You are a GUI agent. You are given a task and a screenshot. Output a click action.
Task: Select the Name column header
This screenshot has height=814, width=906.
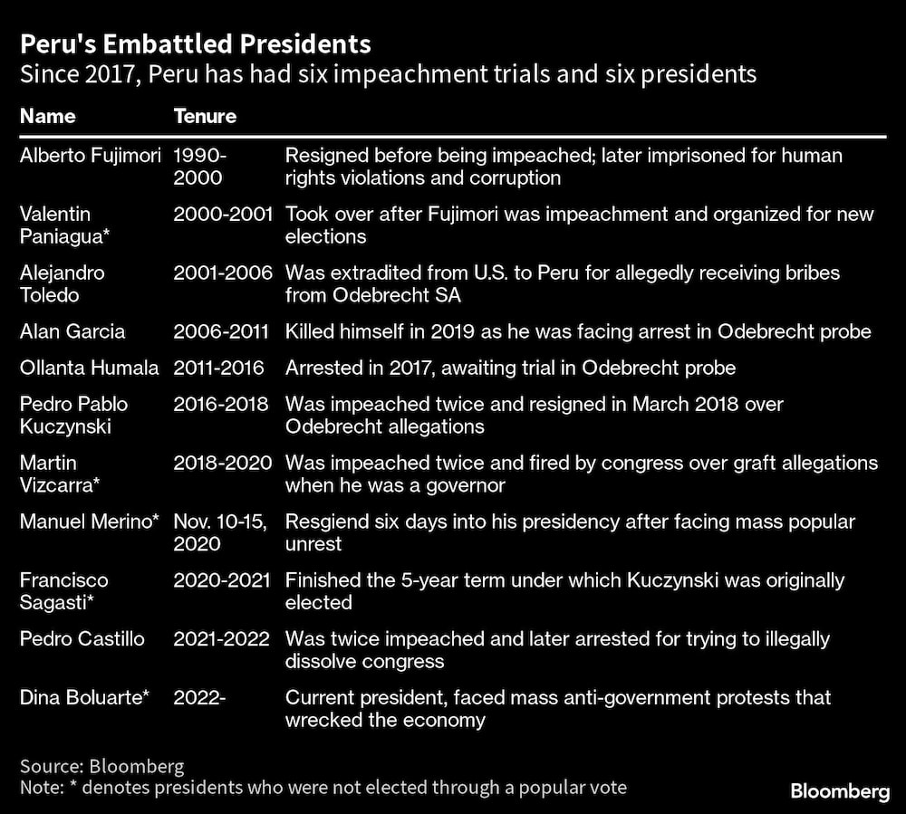[47, 116]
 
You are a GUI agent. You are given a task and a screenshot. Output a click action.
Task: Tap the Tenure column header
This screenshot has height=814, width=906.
[205, 116]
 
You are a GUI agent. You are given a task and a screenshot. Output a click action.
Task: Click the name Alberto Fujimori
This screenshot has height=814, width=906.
[91, 156]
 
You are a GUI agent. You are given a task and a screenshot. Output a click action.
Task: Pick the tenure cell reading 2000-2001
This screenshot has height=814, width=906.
[222, 215]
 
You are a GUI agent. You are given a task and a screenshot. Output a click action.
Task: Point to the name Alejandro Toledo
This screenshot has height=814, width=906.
[63, 284]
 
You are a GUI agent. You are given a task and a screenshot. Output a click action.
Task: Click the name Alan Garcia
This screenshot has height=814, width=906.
[72, 331]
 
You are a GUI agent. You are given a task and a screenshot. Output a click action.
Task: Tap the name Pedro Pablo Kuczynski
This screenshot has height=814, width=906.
[74, 415]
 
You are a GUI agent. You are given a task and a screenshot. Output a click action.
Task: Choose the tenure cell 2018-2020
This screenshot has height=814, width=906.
[222, 463]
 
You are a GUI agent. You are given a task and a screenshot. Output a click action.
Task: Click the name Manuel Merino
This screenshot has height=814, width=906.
[90, 522]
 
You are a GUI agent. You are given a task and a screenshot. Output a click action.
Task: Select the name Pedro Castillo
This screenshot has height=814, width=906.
[82, 639]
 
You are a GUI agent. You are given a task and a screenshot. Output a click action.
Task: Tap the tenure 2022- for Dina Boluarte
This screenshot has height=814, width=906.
[198, 698]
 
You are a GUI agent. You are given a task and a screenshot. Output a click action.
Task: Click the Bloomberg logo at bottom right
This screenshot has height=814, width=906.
[840, 791]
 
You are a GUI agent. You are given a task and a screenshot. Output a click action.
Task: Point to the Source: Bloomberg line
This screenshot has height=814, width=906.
[101, 765]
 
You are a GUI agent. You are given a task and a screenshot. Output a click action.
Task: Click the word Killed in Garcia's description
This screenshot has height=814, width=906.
[309, 331]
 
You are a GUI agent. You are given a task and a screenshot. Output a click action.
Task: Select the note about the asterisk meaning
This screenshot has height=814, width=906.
[323, 787]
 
